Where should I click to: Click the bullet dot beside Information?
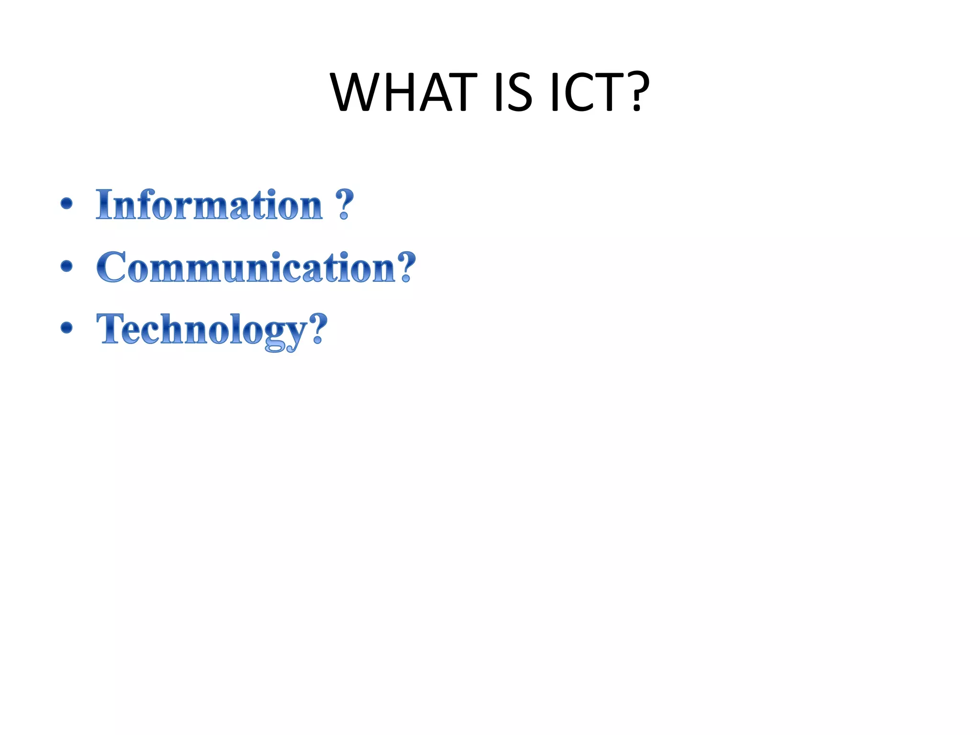67,204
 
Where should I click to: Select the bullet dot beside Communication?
67,266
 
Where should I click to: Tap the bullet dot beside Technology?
67,328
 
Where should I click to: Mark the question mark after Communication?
406,267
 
